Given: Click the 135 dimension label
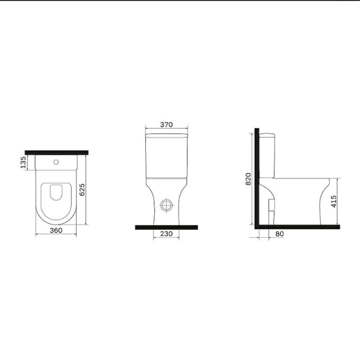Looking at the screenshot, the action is pos(23,162).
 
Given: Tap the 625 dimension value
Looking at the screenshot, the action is pos(82,189).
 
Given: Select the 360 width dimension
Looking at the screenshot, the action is pos(56,230).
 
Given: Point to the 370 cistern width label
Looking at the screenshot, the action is pos(166,125).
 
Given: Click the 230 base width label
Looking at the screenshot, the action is pos(166,234).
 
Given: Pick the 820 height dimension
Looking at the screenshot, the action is pos(249,179).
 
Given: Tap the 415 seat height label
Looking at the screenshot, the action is pos(334,201).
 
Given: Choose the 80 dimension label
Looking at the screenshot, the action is pos(279,234).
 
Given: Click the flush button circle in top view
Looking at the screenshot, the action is pos(56,162).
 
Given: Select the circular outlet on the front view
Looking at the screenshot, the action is pos(166,205).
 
